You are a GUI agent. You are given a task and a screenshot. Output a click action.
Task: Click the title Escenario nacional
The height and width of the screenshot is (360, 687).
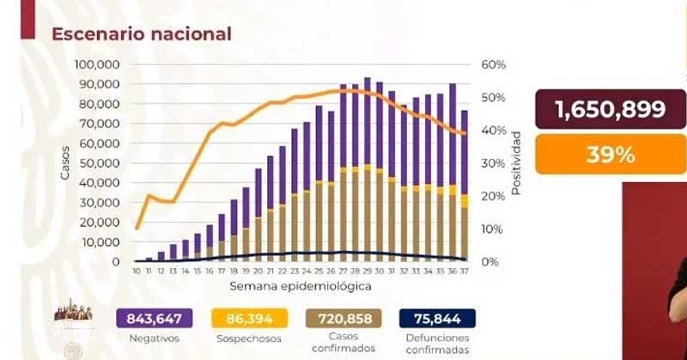pos(142,34)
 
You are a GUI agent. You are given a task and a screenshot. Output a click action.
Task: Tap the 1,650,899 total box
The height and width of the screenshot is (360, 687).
pos(610,109)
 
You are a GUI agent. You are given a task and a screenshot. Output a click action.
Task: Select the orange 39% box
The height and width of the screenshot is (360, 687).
pos(610,155)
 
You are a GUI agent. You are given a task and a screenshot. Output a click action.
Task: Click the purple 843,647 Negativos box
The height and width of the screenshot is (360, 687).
pos(154,319)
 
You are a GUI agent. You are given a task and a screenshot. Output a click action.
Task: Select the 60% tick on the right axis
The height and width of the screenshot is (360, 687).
pos(493,65)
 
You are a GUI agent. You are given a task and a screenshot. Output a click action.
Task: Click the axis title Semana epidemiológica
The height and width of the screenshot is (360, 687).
pos(301,284)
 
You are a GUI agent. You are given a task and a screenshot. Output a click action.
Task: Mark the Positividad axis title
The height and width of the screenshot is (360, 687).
pos(516,163)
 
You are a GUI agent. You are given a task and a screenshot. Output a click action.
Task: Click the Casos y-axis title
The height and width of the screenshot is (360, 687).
pos(65,163)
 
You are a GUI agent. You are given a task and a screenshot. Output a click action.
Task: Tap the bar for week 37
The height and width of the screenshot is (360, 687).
pos(465,186)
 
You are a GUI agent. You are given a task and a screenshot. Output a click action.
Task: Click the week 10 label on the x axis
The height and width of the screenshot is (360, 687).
pos(137,272)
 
